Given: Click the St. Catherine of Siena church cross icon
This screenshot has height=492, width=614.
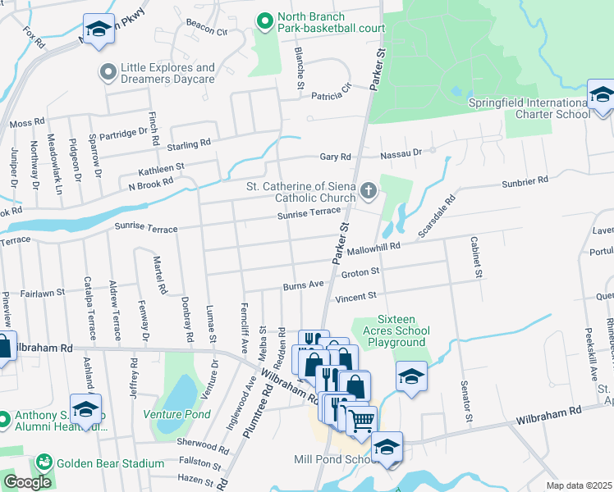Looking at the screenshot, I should pyautogui.click(x=369, y=192).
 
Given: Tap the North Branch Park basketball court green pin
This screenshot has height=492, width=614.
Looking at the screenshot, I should pyautogui.click(x=264, y=18).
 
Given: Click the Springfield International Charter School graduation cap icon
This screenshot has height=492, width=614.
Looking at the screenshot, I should pyautogui.click(x=601, y=94).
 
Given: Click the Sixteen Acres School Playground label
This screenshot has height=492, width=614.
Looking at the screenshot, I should pyautogui.click(x=390, y=330).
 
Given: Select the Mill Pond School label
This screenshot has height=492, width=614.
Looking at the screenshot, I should pyautogui.click(x=328, y=459).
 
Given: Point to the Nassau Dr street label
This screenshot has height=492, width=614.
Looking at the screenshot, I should pyautogui.click(x=401, y=153).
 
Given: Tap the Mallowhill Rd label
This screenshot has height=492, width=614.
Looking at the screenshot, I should pyautogui.click(x=373, y=246).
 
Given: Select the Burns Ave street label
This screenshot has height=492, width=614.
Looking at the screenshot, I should pyautogui.click(x=303, y=286).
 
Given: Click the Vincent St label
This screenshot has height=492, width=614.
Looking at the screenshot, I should pyautogui.click(x=355, y=295).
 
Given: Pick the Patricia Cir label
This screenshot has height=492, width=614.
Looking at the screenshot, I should pyautogui.click(x=331, y=95).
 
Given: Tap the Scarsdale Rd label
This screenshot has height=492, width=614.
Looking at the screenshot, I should pyautogui.click(x=436, y=216).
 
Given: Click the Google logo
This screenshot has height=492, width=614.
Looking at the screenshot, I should pyautogui.click(x=27, y=481).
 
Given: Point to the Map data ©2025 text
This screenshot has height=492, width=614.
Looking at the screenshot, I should pyautogui.click(x=579, y=485).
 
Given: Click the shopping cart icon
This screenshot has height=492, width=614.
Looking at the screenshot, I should pyautogui.click(x=360, y=421).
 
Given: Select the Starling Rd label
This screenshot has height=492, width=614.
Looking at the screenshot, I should pyautogui.click(x=189, y=145).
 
